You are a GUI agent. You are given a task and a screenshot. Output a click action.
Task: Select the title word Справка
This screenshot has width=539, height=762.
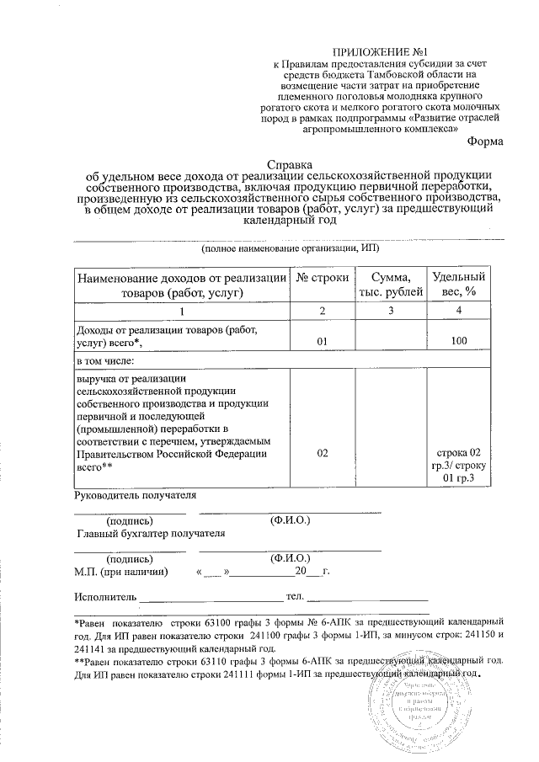[289, 164]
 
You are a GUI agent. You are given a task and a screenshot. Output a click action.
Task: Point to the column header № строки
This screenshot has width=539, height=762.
[321, 279]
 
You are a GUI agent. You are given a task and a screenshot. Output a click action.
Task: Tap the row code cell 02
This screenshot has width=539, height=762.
[321, 453]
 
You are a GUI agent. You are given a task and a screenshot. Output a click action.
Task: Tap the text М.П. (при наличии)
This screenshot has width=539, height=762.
[121, 572]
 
